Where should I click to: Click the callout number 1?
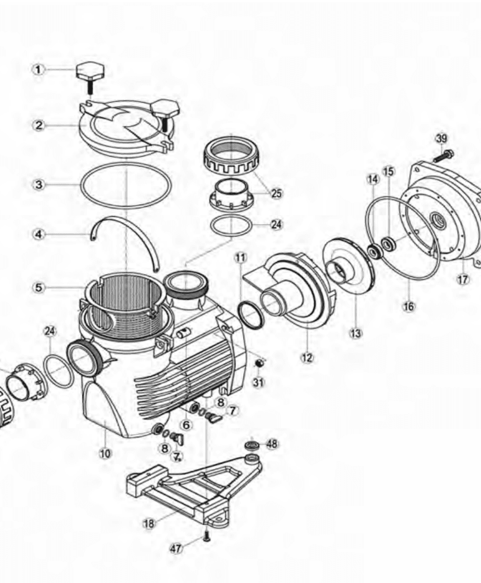tap(39, 69)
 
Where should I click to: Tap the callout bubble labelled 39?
tap(441, 139)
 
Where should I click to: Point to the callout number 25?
tap(276, 193)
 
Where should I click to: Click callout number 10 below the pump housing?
tap(105, 453)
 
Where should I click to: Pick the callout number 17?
tap(463, 279)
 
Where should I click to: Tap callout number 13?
tap(355, 334)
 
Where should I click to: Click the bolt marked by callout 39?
tap(444, 156)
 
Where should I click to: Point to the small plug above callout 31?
tap(260, 363)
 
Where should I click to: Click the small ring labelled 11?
tap(251, 315)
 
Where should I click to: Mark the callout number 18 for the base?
tap(149, 524)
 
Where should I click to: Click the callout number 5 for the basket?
tap(39, 288)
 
